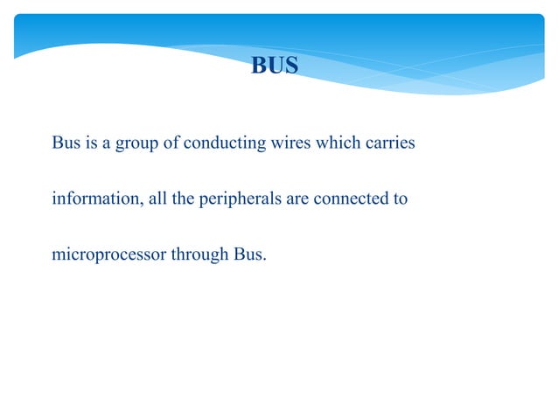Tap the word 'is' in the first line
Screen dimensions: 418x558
click(92, 143)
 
